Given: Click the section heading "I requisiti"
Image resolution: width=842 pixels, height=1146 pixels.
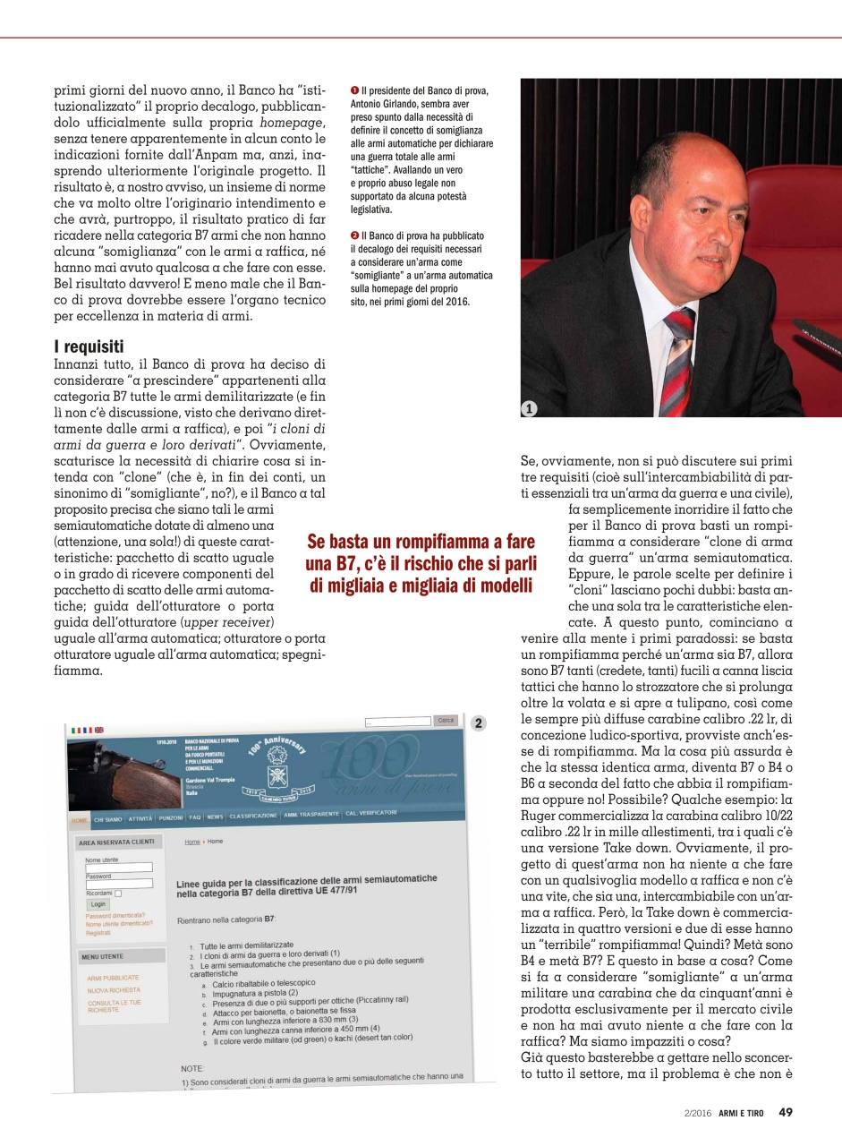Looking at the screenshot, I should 89,346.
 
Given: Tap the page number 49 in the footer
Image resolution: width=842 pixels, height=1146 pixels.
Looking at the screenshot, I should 786,1112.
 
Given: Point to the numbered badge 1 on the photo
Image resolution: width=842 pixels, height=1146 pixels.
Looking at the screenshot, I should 530,408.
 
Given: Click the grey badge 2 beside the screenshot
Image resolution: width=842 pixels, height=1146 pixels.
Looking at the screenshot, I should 479,723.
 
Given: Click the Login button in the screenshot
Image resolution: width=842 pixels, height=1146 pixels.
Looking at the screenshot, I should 98,903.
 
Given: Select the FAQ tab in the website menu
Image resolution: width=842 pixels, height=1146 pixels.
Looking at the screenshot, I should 194,817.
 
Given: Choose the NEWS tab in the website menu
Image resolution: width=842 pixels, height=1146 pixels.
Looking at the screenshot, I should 215,817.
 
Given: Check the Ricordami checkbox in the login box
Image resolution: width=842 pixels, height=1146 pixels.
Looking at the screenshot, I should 118,893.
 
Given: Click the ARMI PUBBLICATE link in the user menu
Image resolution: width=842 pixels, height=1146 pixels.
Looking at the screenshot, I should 113,978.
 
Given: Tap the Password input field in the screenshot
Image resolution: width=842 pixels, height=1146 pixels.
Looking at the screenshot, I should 119,884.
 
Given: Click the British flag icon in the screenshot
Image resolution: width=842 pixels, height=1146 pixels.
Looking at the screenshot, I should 98,730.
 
